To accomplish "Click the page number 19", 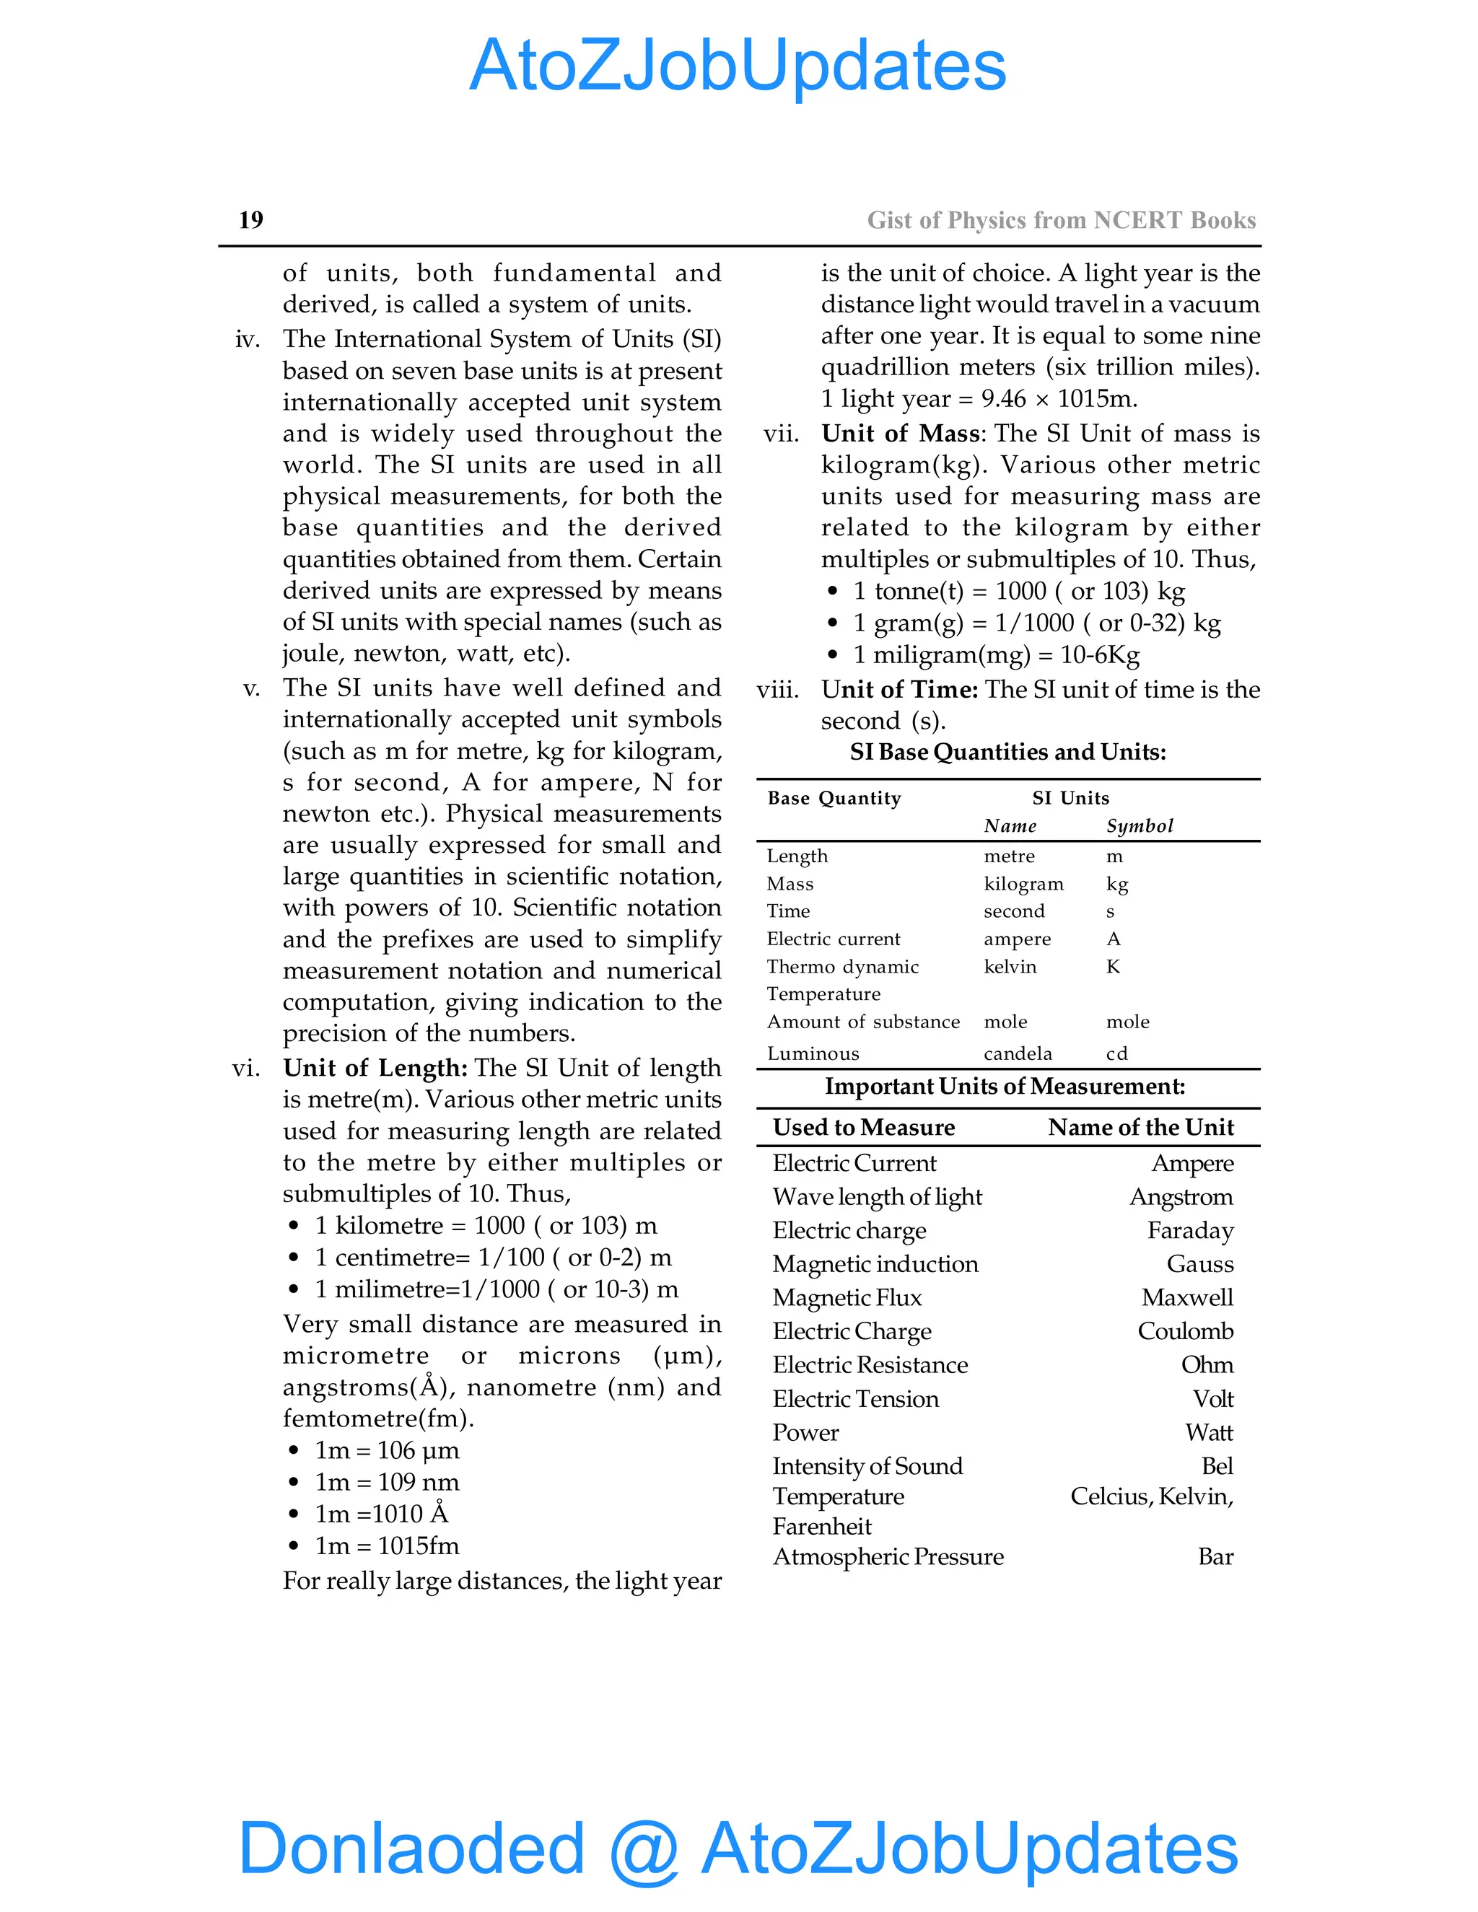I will point(250,220).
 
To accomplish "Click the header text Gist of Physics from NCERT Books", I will point(1060,221).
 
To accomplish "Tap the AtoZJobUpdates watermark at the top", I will point(738,66).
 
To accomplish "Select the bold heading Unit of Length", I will point(374,1067).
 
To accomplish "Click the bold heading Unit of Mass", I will point(900,434).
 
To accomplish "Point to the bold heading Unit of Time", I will point(898,689).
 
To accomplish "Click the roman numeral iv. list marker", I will point(248,340).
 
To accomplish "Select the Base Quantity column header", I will point(834,797).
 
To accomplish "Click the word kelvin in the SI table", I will point(1010,967).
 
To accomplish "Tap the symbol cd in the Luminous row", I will point(1116,1053).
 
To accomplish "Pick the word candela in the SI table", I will point(1018,1053).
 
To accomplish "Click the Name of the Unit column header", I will point(1140,1127).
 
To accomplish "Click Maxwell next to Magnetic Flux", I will point(1186,1297).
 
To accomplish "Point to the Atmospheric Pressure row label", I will point(888,1556).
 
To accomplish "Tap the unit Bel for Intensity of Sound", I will point(1217,1465).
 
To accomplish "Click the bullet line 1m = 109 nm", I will point(386,1482).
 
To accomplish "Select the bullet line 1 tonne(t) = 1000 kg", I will point(1018,591).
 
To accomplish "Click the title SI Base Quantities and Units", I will point(1007,752).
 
